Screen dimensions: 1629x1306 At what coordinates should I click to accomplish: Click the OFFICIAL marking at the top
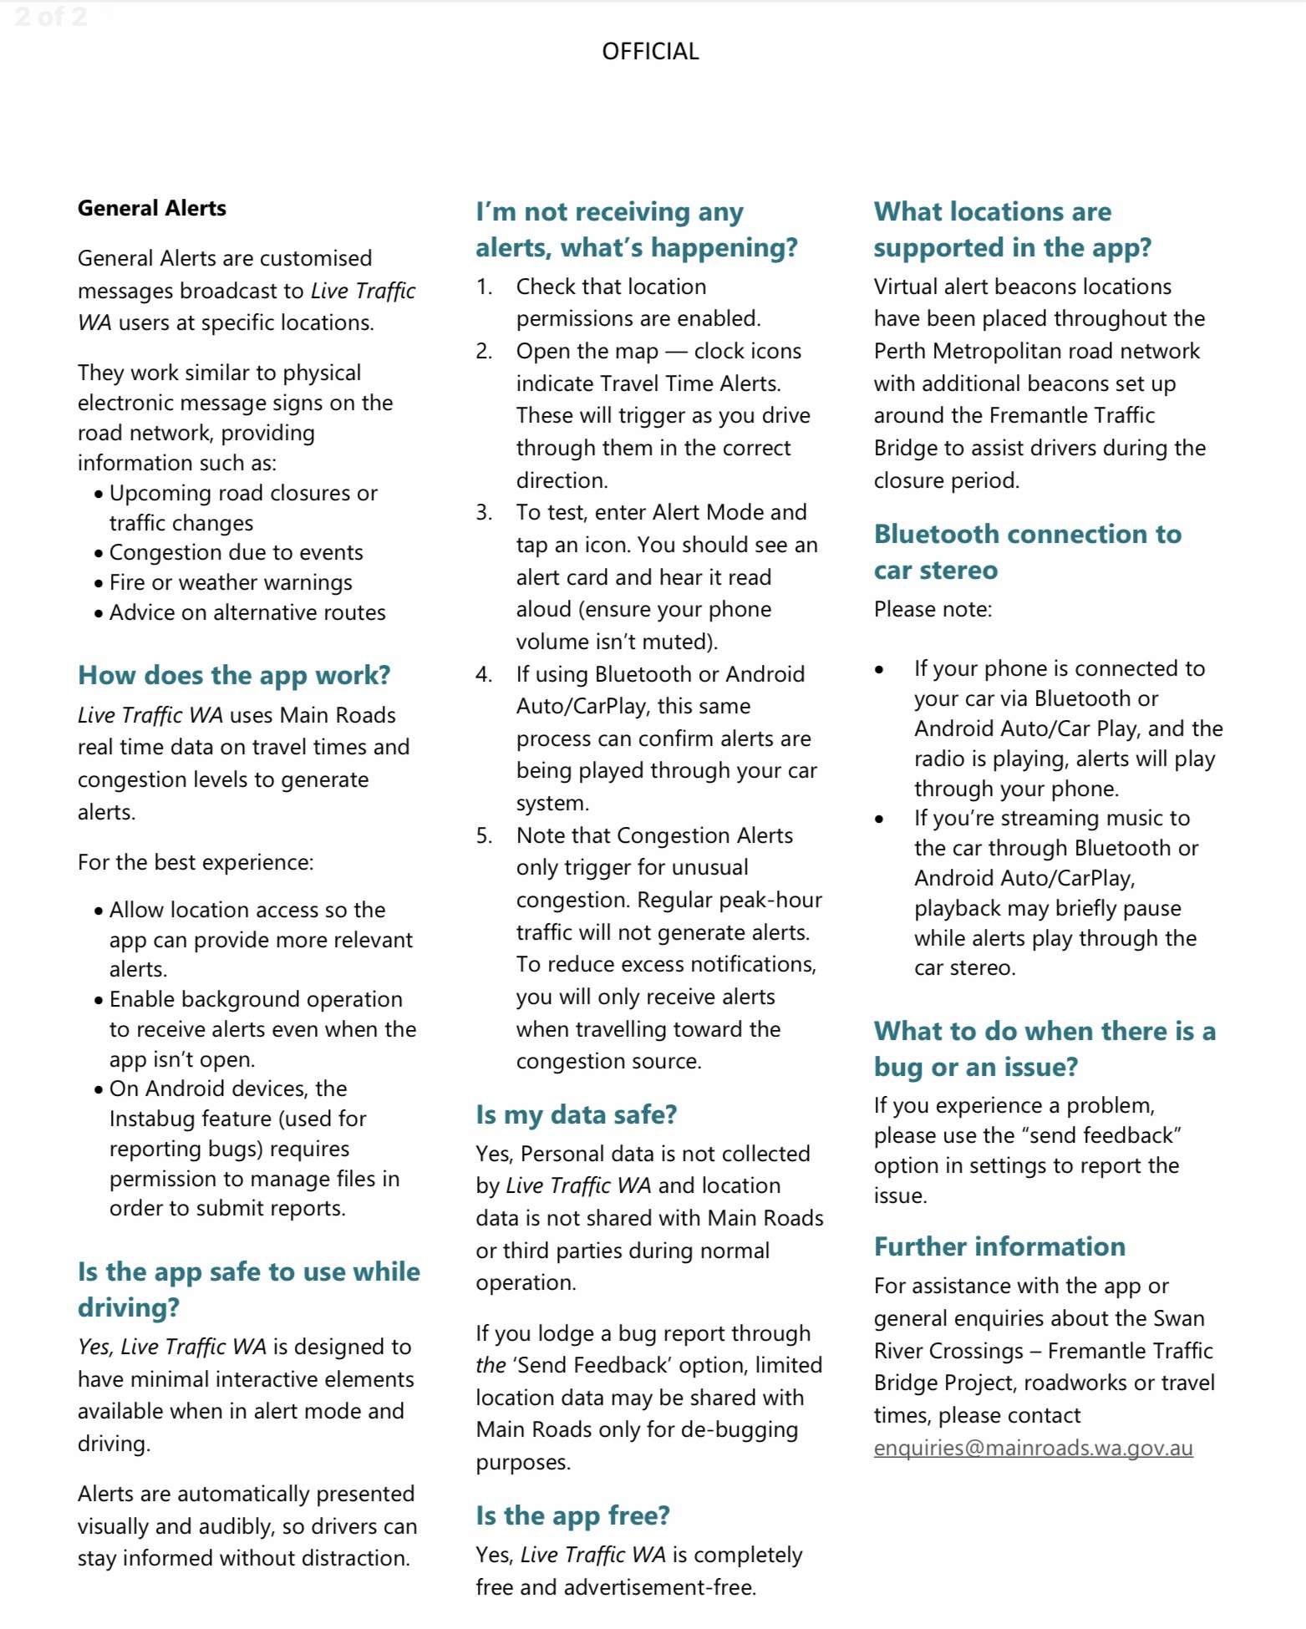coord(650,52)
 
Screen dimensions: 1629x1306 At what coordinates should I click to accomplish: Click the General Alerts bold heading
coord(152,208)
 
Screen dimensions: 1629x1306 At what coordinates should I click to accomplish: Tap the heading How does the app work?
coord(234,675)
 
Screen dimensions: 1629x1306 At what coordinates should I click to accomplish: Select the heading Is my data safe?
coord(576,1114)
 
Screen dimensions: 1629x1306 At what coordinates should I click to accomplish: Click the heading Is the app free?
coord(572,1515)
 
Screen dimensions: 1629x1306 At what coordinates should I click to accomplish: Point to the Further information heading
coord(999,1246)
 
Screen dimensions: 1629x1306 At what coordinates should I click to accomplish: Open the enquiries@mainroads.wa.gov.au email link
coord(1033,1448)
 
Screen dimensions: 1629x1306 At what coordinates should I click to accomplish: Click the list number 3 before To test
coord(484,512)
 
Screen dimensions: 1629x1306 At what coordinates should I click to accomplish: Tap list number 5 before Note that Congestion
coord(484,835)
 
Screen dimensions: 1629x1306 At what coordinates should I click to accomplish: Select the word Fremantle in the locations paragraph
coord(1042,415)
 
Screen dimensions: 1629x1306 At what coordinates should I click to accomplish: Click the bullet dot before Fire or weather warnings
coord(99,583)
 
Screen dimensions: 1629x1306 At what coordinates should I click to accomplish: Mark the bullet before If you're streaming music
coord(879,819)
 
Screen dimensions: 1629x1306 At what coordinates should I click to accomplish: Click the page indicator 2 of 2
coord(50,17)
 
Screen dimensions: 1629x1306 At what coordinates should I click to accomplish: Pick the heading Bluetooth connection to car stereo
coord(1027,551)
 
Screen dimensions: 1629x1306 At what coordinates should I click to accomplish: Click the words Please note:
coord(932,609)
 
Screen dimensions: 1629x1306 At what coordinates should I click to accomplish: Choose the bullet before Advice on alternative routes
coord(99,613)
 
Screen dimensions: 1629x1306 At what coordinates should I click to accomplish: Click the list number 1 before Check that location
coord(484,287)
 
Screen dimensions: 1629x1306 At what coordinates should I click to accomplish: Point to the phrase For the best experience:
coord(196,862)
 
